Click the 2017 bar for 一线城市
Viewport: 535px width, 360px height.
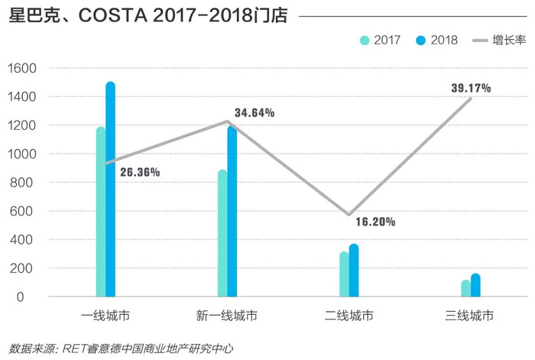(101, 212)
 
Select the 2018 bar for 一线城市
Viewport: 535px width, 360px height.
(111, 190)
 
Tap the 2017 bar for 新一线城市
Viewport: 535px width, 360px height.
(222, 234)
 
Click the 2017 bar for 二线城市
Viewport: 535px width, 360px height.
(344, 274)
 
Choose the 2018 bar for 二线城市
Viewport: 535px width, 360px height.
(354, 271)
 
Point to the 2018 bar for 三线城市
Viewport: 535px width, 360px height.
(475, 285)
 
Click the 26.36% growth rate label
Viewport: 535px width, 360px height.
(140, 173)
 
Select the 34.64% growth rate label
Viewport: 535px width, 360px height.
(255, 113)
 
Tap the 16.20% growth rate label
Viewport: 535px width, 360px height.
(375, 222)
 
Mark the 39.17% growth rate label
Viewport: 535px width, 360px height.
(471, 88)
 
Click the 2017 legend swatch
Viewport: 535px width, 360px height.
(365, 40)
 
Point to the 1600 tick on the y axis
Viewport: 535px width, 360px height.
(23, 69)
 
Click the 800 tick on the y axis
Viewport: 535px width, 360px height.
(26, 183)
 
